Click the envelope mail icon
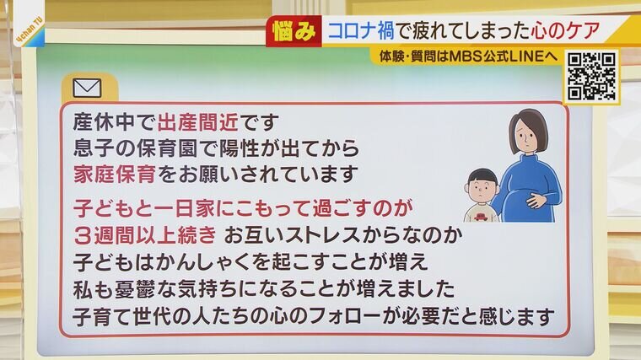pyautogui.click(x=87, y=88)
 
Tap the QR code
pyautogui.click(x=591, y=77)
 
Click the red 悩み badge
pyautogui.click(x=294, y=31)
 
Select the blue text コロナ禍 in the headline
pyautogui.click(x=361, y=31)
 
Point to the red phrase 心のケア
pyautogui.click(x=565, y=31)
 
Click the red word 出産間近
pyautogui.click(x=198, y=121)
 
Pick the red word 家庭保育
pyautogui.click(x=115, y=175)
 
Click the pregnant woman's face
pyautogui.click(x=526, y=137)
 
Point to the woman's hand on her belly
pyautogui.click(x=536, y=200)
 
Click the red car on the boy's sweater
pyautogui.click(x=482, y=216)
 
